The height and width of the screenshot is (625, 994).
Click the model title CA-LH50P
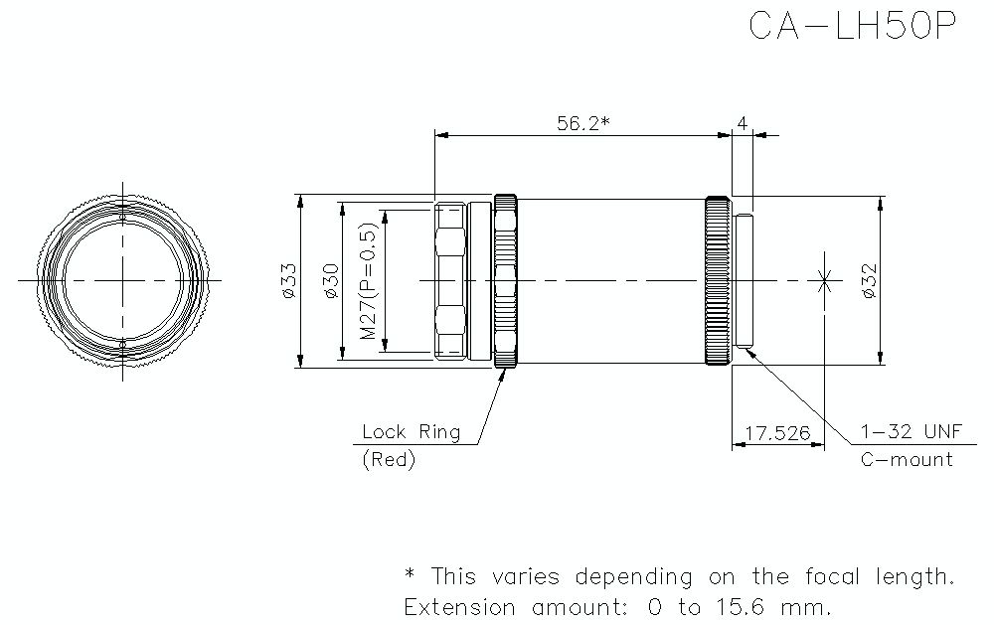pyautogui.click(x=852, y=26)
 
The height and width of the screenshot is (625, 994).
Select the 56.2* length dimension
pyautogui.click(x=581, y=123)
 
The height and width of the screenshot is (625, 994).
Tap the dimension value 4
pyautogui.click(x=742, y=123)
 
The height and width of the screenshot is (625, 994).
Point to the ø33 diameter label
pyautogui.click(x=287, y=281)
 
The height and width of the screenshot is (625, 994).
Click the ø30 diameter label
pyautogui.click(x=331, y=281)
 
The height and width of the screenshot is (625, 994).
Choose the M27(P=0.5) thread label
pyautogui.click(x=369, y=282)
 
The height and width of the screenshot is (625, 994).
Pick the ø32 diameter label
pyautogui.click(x=867, y=281)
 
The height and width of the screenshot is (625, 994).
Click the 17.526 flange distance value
pyautogui.click(x=777, y=434)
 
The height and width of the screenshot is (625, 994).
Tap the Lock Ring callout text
pyautogui.click(x=411, y=432)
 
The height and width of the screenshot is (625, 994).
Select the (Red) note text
pyautogui.click(x=389, y=460)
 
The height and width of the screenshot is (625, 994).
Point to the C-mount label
pyautogui.click(x=906, y=460)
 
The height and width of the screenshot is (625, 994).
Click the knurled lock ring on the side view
pyautogui.click(x=506, y=282)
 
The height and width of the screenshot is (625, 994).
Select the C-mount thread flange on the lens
pyautogui.click(x=745, y=281)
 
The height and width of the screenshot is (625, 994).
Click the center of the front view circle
pyautogui.click(x=122, y=281)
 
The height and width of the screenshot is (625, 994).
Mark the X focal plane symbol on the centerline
pyautogui.click(x=823, y=281)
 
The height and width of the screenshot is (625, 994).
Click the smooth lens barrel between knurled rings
pyautogui.click(x=611, y=281)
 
